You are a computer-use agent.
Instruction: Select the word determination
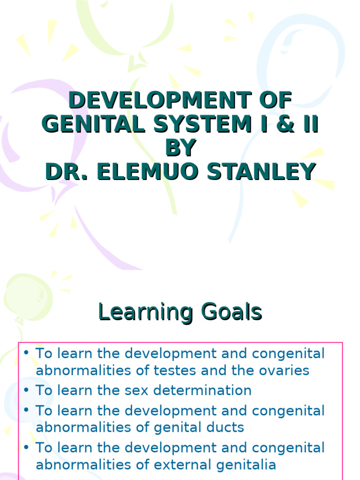point(204,390)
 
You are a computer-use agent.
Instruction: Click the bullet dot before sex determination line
point(26,390)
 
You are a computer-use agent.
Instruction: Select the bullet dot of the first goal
point(26,353)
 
